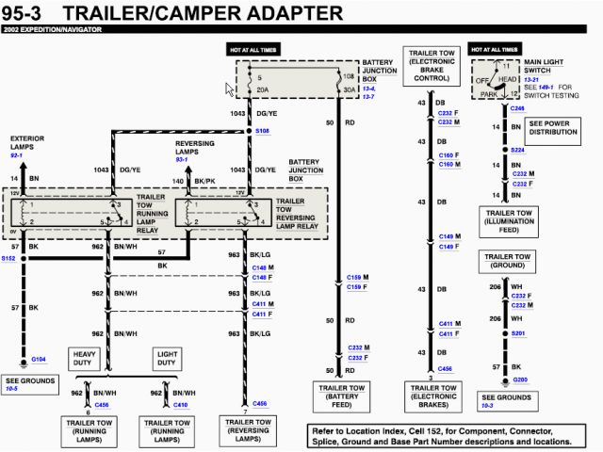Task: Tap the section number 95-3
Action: point(35,13)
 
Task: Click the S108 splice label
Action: point(261,131)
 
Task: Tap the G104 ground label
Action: point(39,359)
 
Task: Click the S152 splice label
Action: point(8,257)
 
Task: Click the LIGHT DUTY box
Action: point(166,358)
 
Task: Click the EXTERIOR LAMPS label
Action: point(27,146)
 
